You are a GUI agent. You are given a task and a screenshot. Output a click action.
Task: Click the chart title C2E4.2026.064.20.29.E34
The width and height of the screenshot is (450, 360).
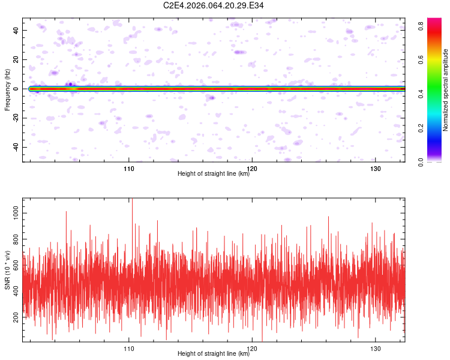click(x=213, y=5)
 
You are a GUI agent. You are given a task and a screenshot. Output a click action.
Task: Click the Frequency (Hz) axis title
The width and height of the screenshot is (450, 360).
click(x=7, y=90)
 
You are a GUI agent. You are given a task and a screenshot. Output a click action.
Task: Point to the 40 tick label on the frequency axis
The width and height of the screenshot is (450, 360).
click(x=16, y=30)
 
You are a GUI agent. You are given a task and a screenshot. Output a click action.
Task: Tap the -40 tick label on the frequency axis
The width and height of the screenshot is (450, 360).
click(x=16, y=147)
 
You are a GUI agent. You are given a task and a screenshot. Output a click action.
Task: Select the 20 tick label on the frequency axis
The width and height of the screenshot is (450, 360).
click(x=16, y=59)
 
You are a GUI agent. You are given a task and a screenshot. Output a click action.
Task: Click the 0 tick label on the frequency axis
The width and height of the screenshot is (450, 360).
click(x=16, y=89)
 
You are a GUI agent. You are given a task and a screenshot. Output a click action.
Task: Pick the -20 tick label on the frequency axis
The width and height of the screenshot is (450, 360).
click(x=16, y=118)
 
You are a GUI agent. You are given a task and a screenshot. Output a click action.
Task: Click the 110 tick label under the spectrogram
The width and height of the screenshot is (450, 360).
click(x=129, y=169)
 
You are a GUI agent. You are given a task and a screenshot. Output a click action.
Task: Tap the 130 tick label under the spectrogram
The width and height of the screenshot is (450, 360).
click(x=376, y=169)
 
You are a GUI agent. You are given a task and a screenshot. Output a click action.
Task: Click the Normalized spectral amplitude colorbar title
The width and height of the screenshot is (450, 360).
click(x=445, y=90)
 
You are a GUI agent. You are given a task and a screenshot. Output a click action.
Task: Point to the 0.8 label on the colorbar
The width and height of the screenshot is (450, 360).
click(x=421, y=26)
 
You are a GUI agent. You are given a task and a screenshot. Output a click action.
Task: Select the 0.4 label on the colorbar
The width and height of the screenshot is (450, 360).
click(x=421, y=94)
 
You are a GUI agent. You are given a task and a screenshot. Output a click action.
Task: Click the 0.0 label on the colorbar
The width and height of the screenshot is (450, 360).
click(x=421, y=162)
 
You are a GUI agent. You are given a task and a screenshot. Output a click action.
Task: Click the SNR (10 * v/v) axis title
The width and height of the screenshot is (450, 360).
click(x=7, y=270)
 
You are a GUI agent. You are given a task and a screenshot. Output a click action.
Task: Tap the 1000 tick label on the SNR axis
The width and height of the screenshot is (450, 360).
click(x=16, y=213)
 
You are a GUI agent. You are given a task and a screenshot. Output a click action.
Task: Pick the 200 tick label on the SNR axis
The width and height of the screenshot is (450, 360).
click(x=16, y=317)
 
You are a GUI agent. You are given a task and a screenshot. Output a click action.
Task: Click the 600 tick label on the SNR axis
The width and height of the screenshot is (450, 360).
click(x=16, y=265)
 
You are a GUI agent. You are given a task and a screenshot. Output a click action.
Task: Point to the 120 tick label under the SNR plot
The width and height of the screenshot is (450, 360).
click(x=252, y=349)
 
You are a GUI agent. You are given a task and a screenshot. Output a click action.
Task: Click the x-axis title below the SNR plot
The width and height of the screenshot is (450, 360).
click(x=214, y=353)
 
